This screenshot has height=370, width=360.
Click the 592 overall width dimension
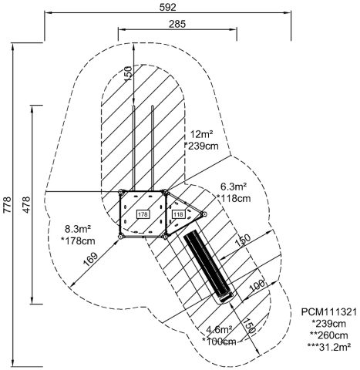click(168, 7)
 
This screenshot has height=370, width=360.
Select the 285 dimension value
click(177, 24)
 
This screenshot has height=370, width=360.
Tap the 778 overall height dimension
click(7, 204)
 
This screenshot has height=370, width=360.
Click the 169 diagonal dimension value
click(90, 259)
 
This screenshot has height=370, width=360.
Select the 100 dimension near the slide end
click(257, 285)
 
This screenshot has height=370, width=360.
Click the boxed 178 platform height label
click(143, 214)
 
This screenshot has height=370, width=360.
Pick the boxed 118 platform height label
click(178, 214)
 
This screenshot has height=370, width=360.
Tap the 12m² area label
click(202, 134)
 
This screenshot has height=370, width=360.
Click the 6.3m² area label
click(234, 187)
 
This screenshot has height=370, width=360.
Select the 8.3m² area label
click(78, 228)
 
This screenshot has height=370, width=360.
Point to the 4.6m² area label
click(220, 329)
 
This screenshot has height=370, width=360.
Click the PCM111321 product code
click(329, 312)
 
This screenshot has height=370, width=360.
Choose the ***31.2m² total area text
click(329, 347)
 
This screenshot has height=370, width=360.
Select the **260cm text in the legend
click(329, 335)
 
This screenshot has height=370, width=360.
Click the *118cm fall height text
click(234, 198)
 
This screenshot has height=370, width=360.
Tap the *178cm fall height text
click(78, 240)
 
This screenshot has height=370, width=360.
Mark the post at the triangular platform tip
click(204, 214)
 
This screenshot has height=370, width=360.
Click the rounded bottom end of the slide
click(226, 298)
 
